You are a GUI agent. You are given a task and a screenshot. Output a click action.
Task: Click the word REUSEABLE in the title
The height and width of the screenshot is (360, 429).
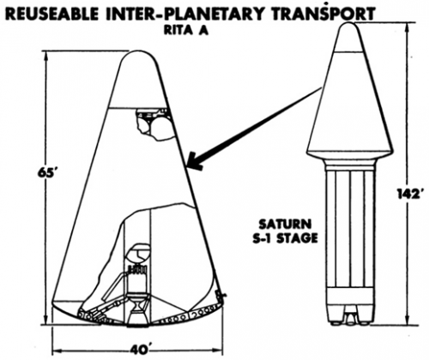(x=52, y=14)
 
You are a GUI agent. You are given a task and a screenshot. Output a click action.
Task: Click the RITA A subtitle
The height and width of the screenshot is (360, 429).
(x=186, y=30)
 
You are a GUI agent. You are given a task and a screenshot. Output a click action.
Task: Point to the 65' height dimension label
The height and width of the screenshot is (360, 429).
(x=47, y=174)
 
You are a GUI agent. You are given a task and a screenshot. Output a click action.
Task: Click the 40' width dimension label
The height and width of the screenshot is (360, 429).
(x=140, y=351)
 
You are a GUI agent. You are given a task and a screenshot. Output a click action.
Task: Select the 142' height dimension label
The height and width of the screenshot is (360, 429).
(x=409, y=194)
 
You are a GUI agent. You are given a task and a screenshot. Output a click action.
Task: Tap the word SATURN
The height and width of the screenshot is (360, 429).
(x=285, y=225)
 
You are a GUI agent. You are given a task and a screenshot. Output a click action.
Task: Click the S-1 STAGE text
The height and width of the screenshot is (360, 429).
(x=285, y=237)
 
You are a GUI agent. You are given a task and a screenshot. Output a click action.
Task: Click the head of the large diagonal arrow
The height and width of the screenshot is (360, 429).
(x=195, y=162)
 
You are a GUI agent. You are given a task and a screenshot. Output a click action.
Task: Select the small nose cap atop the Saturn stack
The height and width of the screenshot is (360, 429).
(x=349, y=38)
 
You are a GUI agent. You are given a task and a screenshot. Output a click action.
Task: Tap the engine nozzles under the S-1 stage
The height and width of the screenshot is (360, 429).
(x=350, y=317)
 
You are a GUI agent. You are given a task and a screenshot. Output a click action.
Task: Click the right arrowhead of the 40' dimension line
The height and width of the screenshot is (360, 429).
(x=218, y=351)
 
